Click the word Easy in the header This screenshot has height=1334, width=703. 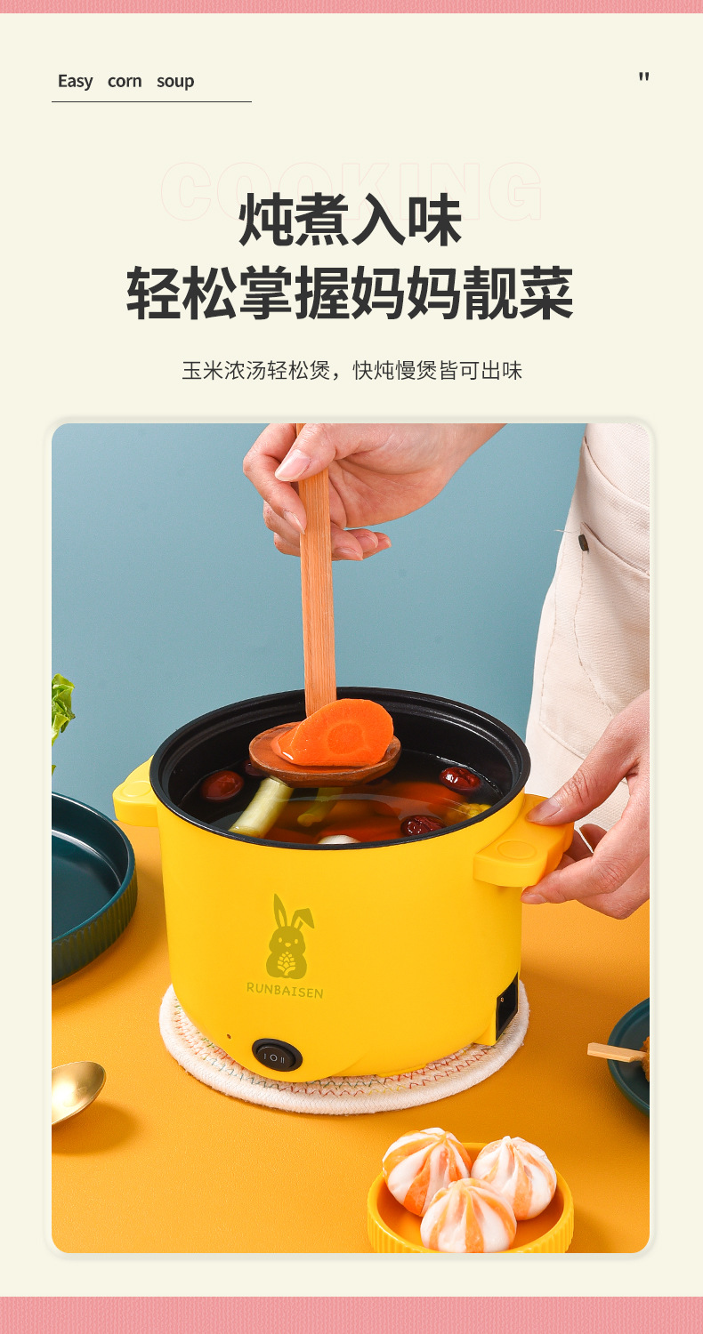tap(75, 81)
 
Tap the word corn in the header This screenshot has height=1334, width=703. tap(125, 81)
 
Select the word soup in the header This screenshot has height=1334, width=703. tap(175, 81)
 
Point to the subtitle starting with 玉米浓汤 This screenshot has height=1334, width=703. tap(351, 370)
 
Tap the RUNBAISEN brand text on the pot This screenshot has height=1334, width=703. tap(285, 989)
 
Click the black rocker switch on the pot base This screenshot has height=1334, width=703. tap(277, 1056)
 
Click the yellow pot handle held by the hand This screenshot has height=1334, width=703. tap(521, 852)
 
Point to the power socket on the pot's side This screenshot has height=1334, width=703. tap(505, 1005)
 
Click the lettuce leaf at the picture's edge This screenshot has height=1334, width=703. tap(61, 707)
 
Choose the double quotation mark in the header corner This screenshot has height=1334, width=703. tap(643, 77)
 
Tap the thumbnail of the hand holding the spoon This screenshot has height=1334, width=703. tap(293, 464)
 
